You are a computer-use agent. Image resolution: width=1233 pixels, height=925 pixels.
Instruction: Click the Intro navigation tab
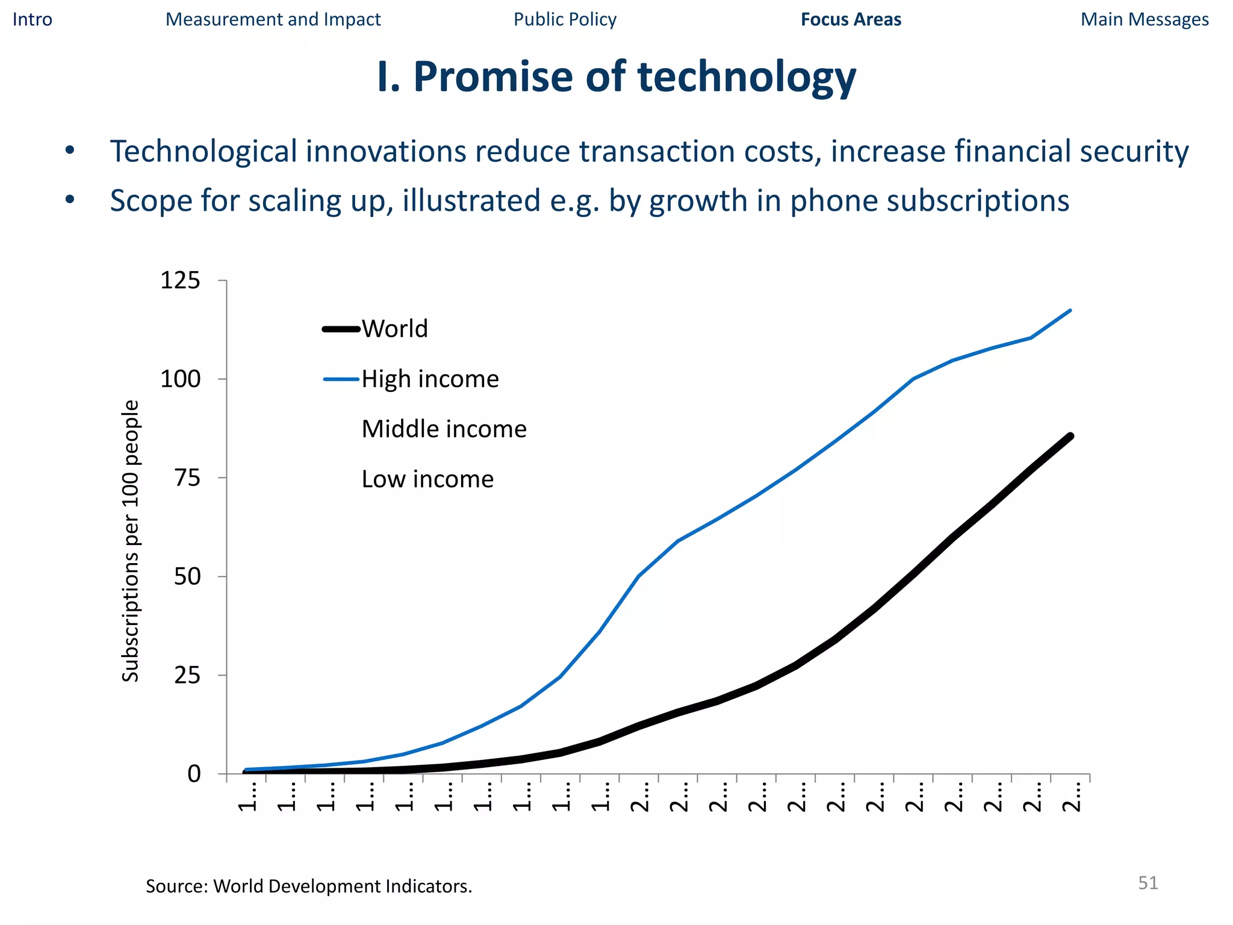33,20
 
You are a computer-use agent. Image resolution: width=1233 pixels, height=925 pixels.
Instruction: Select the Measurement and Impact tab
273,20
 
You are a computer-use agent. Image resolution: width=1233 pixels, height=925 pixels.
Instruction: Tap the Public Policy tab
565,20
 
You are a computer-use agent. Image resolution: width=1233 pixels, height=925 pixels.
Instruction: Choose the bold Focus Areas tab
851,20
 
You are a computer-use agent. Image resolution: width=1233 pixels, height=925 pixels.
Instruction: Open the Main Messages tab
1144,20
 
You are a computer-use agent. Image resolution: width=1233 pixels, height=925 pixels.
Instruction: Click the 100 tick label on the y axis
180,379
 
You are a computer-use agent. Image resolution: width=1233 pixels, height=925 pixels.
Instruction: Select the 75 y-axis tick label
187,478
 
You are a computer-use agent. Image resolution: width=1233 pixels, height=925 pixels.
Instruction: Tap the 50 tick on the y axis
187,577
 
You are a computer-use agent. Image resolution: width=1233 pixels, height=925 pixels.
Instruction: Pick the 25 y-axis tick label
187,676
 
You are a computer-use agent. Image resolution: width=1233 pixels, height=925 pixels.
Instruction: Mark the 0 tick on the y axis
194,774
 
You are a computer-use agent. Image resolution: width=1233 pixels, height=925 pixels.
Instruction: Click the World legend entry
394,329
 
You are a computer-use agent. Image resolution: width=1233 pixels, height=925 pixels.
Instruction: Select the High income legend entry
430,379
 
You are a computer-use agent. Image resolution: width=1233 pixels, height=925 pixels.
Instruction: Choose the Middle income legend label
444,429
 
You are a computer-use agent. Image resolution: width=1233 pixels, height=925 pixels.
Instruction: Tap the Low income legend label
427,479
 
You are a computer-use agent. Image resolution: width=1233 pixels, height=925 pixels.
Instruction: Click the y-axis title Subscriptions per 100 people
131,541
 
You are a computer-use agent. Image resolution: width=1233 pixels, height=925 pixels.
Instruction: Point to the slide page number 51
1148,883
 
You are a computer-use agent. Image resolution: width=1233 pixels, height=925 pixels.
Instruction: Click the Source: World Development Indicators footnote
309,886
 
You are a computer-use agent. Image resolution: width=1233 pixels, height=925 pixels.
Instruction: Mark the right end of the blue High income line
1070,311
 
